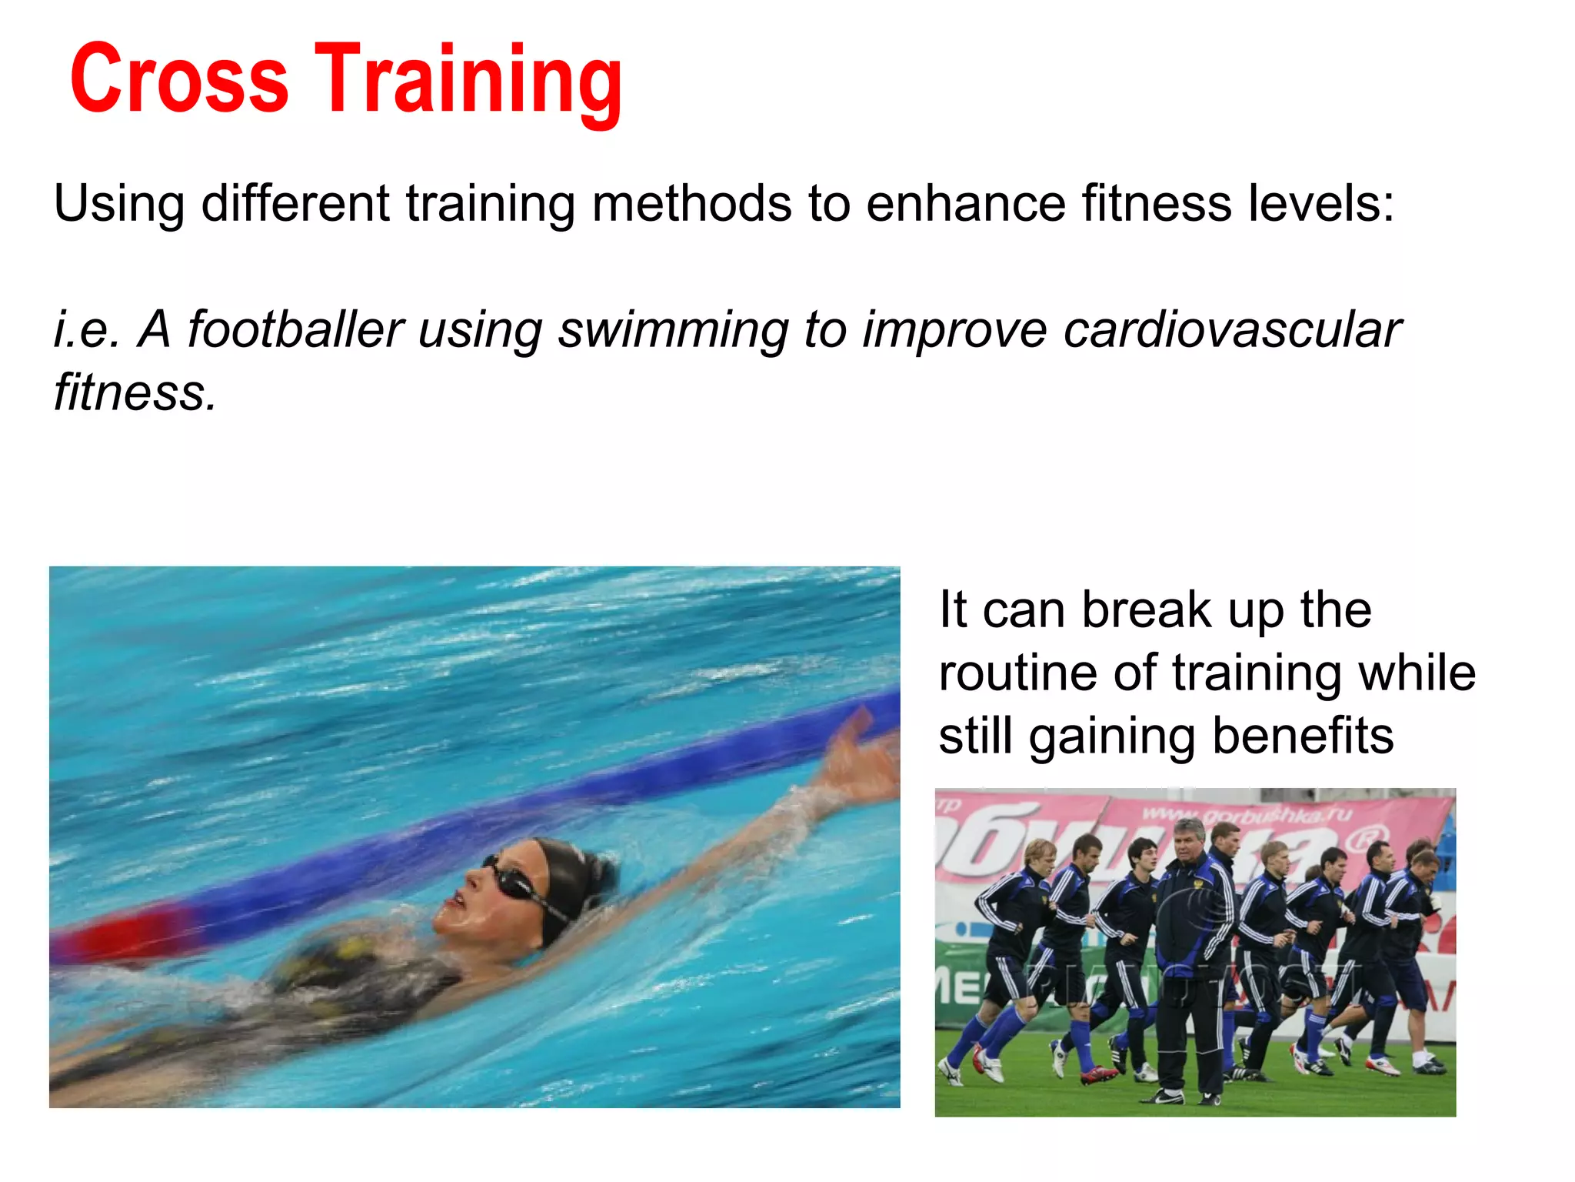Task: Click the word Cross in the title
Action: point(178,80)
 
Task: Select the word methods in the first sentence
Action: point(691,204)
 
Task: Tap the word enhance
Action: point(965,204)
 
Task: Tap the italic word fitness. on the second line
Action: point(135,392)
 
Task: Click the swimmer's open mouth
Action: point(458,900)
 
